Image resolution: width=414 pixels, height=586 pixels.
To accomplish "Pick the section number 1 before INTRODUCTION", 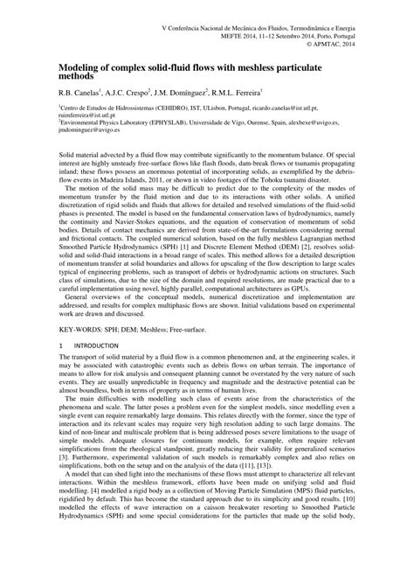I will [60, 372].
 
